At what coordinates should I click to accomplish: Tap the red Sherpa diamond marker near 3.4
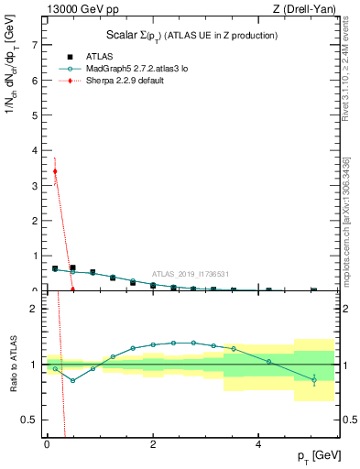tap(55, 171)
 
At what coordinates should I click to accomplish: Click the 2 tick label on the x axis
tap(152, 444)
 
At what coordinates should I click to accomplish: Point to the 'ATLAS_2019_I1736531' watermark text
tap(191, 274)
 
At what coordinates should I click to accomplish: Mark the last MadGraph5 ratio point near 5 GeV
tap(313, 379)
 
